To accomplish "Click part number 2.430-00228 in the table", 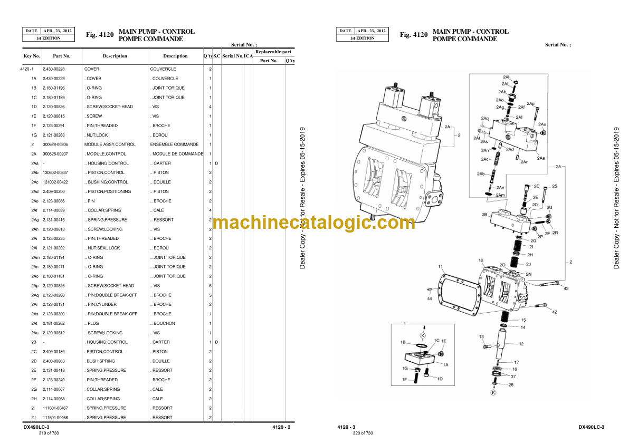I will [x=54, y=69].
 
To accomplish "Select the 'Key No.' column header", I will [x=32, y=56].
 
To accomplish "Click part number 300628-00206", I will [x=55, y=144].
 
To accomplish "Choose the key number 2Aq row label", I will [x=34, y=295].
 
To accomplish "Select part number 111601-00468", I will [x=55, y=418].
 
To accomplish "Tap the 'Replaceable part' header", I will [x=273, y=52].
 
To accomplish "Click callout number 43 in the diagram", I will [x=566, y=288].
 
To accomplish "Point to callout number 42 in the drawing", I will [x=554, y=313].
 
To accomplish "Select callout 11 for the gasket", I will [x=441, y=267].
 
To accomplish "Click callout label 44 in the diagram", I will [x=429, y=299].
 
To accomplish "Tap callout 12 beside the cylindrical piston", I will [x=521, y=344].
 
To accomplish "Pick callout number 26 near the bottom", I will [x=510, y=384].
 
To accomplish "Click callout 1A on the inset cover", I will [x=445, y=364].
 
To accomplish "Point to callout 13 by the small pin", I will [x=481, y=336].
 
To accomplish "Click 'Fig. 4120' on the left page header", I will [x=100, y=35].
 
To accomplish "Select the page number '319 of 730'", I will [x=49, y=433].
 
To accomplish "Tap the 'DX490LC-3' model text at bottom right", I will [x=591, y=427].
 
